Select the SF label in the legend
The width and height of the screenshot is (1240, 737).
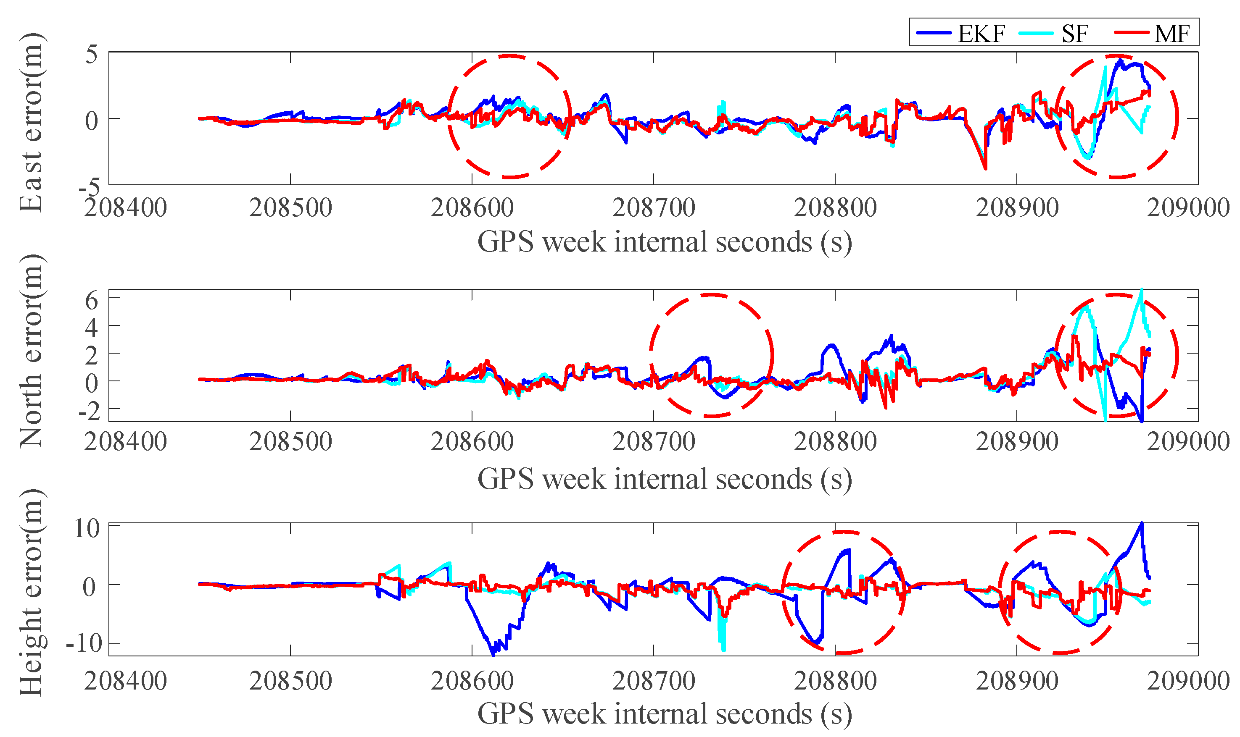(x=1074, y=34)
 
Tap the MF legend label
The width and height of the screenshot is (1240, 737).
(x=1171, y=34)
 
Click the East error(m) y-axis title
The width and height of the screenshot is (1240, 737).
(x=31, y=123)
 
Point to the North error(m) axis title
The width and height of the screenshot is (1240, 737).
(x=31, y=351)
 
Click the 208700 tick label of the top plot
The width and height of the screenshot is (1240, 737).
(x=653, y=207)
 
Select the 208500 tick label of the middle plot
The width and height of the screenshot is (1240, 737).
(x=290, y=441)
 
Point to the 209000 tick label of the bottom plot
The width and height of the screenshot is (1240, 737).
(x=1188, y=680)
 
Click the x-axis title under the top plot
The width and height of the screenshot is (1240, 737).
(x=665, y=242)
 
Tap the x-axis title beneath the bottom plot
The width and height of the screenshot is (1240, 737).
(x=665, y=713)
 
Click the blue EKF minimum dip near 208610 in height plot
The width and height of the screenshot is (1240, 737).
(x=493, y=655)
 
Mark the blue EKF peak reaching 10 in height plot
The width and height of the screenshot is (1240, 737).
(x=1141, y=523)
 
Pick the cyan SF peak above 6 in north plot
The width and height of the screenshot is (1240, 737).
(x=1142, y=290)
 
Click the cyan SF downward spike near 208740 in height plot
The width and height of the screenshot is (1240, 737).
(x=723, y=648)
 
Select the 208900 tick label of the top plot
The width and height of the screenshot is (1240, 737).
(x=1017, y=207)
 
